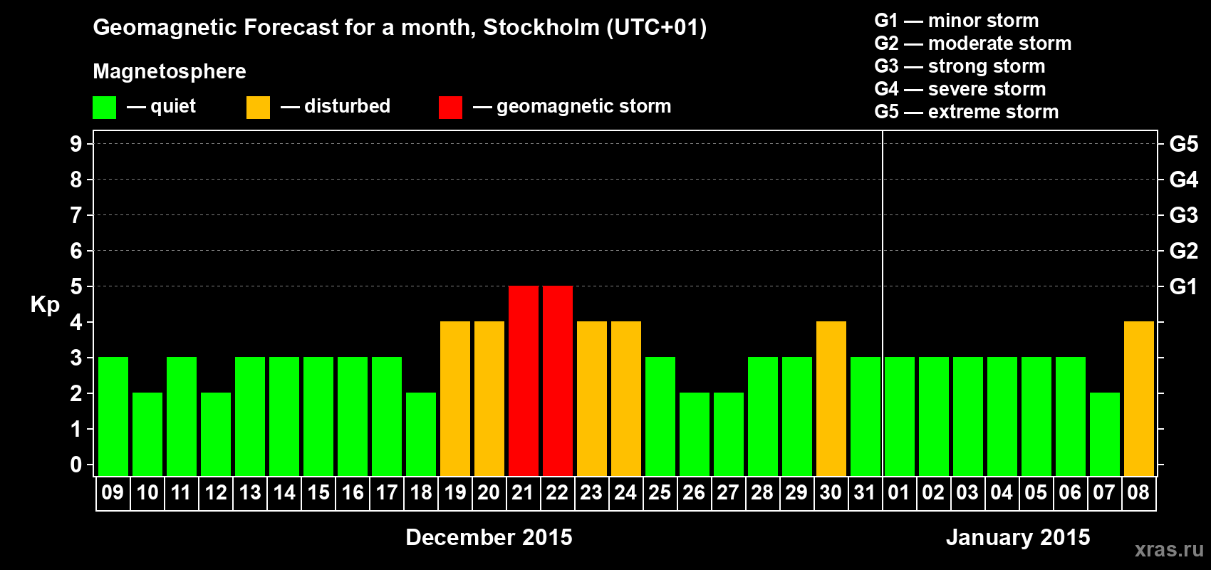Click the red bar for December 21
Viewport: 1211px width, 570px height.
(x=524, y=380)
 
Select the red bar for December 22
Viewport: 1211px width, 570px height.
(x=558, y=380)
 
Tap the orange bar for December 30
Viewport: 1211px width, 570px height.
(x=831, y=398)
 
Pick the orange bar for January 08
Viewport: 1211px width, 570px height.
(x=1139, y=398)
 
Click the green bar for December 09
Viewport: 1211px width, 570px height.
(x=113, y=416)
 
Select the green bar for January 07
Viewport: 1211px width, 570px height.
(x=1105, y=434)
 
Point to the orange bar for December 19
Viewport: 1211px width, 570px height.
(x=455, y=398)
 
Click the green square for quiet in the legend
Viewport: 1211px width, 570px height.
(x=105, y=108)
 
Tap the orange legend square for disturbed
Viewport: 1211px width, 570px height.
(x=258, y=108)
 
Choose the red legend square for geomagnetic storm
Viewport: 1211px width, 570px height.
(x=450, y=108)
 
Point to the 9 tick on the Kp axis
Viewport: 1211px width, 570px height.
(x=76, y=144)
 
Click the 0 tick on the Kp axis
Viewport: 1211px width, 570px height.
(x=76, y=465)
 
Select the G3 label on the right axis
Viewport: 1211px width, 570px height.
(x=1183, y=215)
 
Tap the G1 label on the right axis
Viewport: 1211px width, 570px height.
(x=1183, y=286)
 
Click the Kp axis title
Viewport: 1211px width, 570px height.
(x=45, y=305)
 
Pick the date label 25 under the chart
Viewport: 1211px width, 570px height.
(x=660, y=492)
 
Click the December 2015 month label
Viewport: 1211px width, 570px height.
(x=489, y=537)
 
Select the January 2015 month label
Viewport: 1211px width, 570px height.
(x=1018, y=537)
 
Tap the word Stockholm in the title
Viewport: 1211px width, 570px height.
(x=541, y=28)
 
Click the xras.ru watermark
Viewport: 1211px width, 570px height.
(x=1169, y=549)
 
